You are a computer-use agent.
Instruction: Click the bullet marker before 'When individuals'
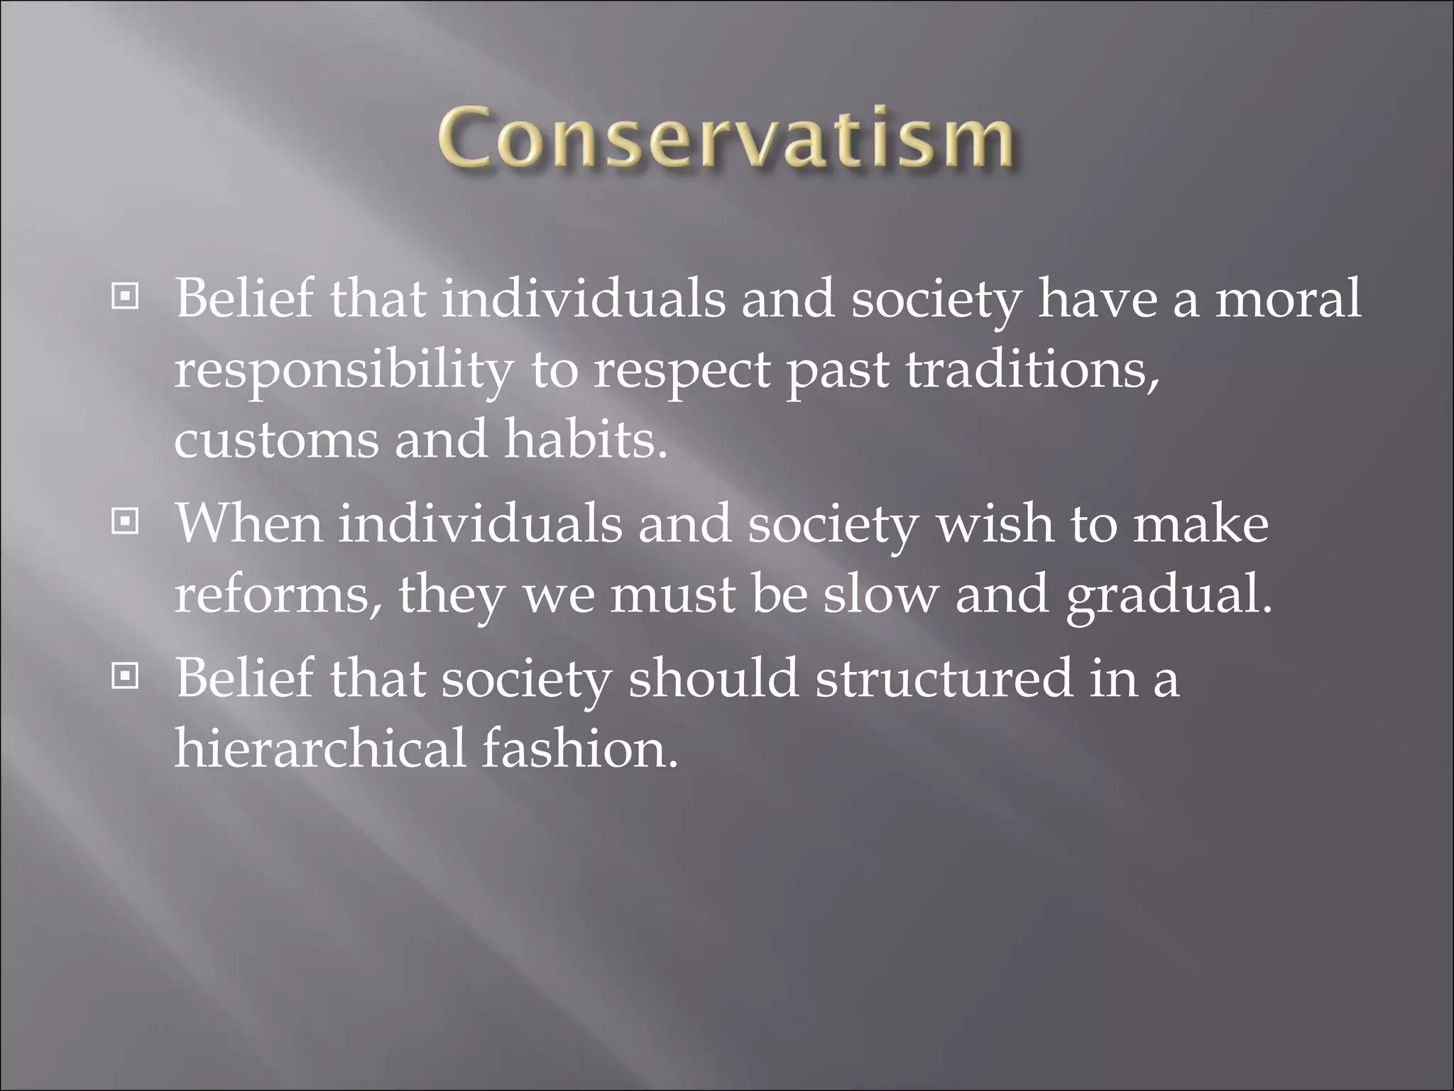tap(126, 522)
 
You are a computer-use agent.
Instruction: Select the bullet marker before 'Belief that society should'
tap(126, 677)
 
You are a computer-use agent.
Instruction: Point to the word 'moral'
tap(1289, 298)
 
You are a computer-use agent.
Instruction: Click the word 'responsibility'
tap(344, 371)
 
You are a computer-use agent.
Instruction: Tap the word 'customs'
tap(276, 440)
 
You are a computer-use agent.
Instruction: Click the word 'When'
tap(248, 523)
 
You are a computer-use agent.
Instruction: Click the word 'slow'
tap(880, 595)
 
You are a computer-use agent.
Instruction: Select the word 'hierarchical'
tap(319, 748)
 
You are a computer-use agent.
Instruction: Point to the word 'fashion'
tap(579, 748)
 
